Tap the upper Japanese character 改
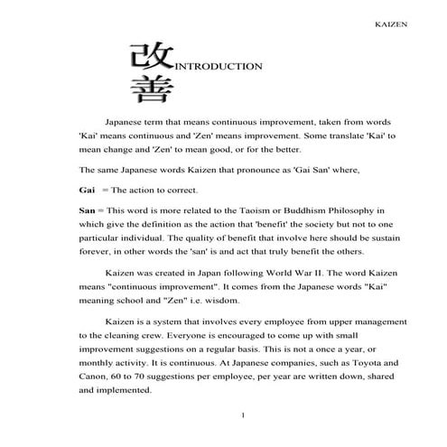(147, 56)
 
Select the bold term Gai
(87, 191)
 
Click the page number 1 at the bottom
(244, 414)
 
